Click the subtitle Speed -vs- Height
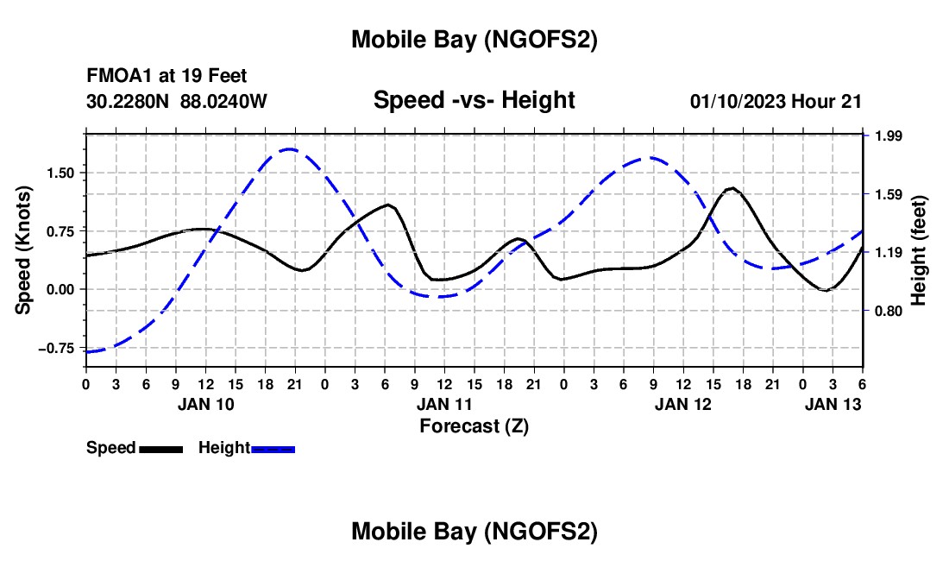click(x=474, y=100)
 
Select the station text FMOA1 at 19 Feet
click(x=167, y=77)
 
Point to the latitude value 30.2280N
click(x=129, y=101)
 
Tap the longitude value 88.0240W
click(x=223, y=101)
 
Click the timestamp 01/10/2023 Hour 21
click(x=776, y=101)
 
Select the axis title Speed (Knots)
click(x=25, y=250)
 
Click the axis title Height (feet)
click(x=918, y=250)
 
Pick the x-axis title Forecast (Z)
click(x=474, y=425)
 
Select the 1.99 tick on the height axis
click(x=888, y=136)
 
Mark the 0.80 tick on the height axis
click(x=888, y=311)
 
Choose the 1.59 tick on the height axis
click(x=888, y=194)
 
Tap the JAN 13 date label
click(x=832, y=404)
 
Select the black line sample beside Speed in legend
click(x=160, y=449)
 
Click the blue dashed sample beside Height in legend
click(x=273, y=449)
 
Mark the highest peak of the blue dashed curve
click(x=289, y=149)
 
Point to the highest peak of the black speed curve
click(x=732, y=187)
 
